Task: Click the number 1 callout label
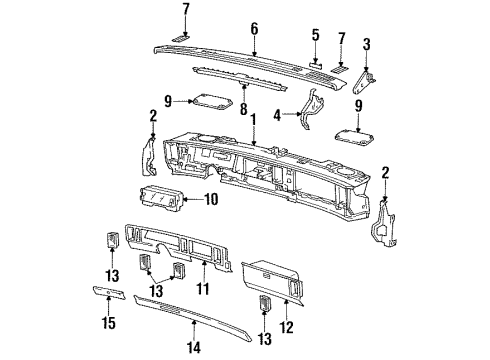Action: (254, 120)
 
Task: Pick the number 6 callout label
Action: (254, 29)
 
